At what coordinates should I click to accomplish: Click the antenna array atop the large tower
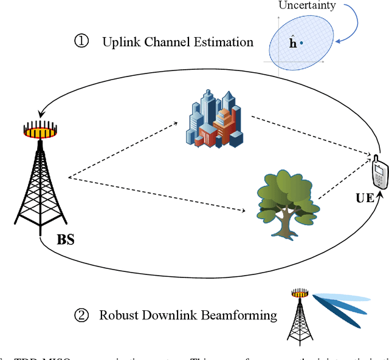(x=40, y=129)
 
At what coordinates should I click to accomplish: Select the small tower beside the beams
(x=299, y=314)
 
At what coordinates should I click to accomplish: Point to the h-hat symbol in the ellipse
(x=292, y=43)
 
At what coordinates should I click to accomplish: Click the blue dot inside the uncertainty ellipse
(x=301, y=42)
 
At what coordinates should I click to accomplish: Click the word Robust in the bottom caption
(x=113, y=315)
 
